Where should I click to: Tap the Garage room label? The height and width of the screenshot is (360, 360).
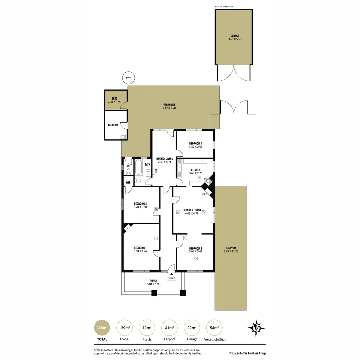coord(235,36)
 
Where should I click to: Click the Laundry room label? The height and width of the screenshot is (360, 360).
coord(113,125)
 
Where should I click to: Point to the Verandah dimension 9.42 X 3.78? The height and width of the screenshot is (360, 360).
coord(169,108)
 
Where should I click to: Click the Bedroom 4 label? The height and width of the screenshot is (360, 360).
coord(196,143)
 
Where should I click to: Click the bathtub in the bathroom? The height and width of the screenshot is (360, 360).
coord(138,167)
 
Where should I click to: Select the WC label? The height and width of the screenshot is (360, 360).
coord(128,166)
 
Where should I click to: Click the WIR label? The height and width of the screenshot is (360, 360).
coord(128,182)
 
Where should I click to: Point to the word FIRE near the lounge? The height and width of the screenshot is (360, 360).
coord(205,194)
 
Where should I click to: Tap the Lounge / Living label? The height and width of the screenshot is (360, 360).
coord(192,210)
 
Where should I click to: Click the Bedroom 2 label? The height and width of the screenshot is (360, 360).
coord(140,204)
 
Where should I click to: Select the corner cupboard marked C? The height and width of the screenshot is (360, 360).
coord(127,228)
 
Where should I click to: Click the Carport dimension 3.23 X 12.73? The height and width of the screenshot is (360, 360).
coord(231,251)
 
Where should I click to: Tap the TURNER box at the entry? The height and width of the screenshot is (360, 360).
coord(171,278)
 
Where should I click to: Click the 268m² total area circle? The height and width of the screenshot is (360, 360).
coord(102,328)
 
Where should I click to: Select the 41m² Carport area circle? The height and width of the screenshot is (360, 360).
coord(169,328)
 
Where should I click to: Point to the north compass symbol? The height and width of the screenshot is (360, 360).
coord(256,328)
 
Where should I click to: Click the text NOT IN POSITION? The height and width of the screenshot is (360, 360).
coord(224,6)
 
